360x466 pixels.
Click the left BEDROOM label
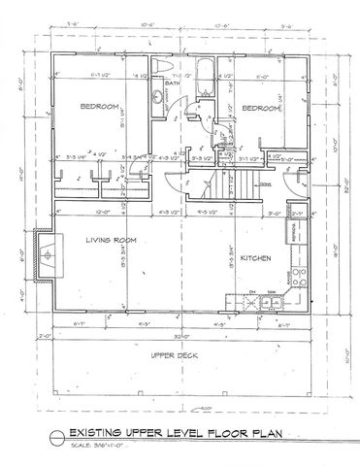pos(99,106)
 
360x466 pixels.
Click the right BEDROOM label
pos(259,108)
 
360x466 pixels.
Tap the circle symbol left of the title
pos(56,438)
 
